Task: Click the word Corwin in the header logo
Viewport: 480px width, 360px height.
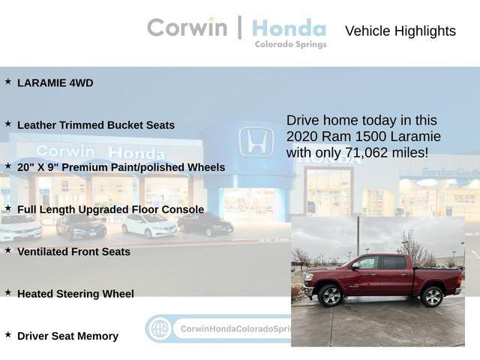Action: (x=187, y=28)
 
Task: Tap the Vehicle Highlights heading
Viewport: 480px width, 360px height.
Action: (x=400, y=31)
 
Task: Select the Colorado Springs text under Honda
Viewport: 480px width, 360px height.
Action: (x=290, y=44)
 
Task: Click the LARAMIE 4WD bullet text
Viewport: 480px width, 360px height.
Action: (x=55, y=83)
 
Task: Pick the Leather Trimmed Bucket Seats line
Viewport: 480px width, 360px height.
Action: (x=96, y=125)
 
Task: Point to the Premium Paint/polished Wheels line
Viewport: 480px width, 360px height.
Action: (x=121, y=167)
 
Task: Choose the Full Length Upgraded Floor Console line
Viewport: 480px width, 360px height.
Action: (x=110, y=209)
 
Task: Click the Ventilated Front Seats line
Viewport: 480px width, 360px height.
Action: (x=73, y=252)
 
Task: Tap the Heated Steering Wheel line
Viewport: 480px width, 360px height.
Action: (x=76, y=294)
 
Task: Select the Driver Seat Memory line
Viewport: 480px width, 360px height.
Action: (x=67, y=336)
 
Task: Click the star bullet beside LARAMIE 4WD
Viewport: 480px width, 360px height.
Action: (x=8, y=82)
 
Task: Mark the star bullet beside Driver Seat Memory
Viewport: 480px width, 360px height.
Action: (x=8, y=334)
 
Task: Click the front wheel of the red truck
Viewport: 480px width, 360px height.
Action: (x=330, y=295)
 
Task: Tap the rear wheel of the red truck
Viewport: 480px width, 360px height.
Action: (x=432, y=295)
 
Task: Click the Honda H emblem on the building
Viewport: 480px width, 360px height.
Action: (x=256, y=142)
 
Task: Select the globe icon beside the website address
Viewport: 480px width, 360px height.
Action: (x=159, y=328)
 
